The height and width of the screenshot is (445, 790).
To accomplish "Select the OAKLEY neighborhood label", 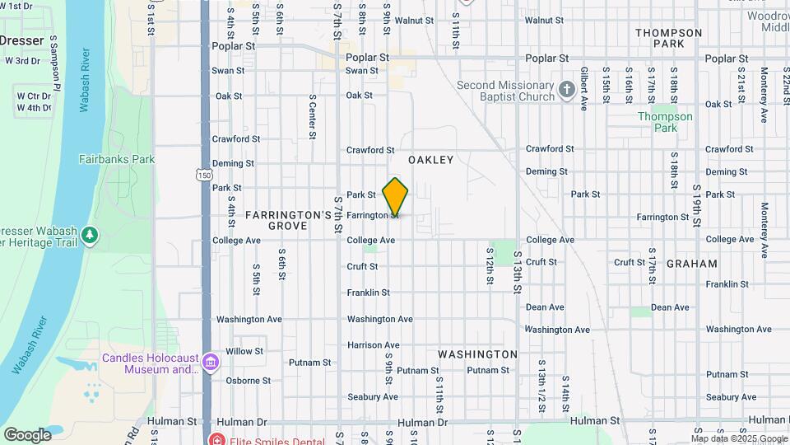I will coord(431,160).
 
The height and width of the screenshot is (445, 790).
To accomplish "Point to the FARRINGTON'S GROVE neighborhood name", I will coord(288,219).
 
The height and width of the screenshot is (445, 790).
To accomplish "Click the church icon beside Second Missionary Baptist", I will coord(566,91).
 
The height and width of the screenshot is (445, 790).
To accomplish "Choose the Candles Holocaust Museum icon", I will coord(211,363).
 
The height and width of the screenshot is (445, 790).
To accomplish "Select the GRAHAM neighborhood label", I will coord(691,265).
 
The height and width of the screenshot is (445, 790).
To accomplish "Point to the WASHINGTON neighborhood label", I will coord(477,354).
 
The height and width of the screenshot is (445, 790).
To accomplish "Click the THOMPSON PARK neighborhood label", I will coord(668,38).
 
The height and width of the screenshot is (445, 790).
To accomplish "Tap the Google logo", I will coord(27,434).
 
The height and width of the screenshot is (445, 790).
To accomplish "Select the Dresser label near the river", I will coord(21,40).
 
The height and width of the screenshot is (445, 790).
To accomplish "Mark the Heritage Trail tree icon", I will coord(90,236).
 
